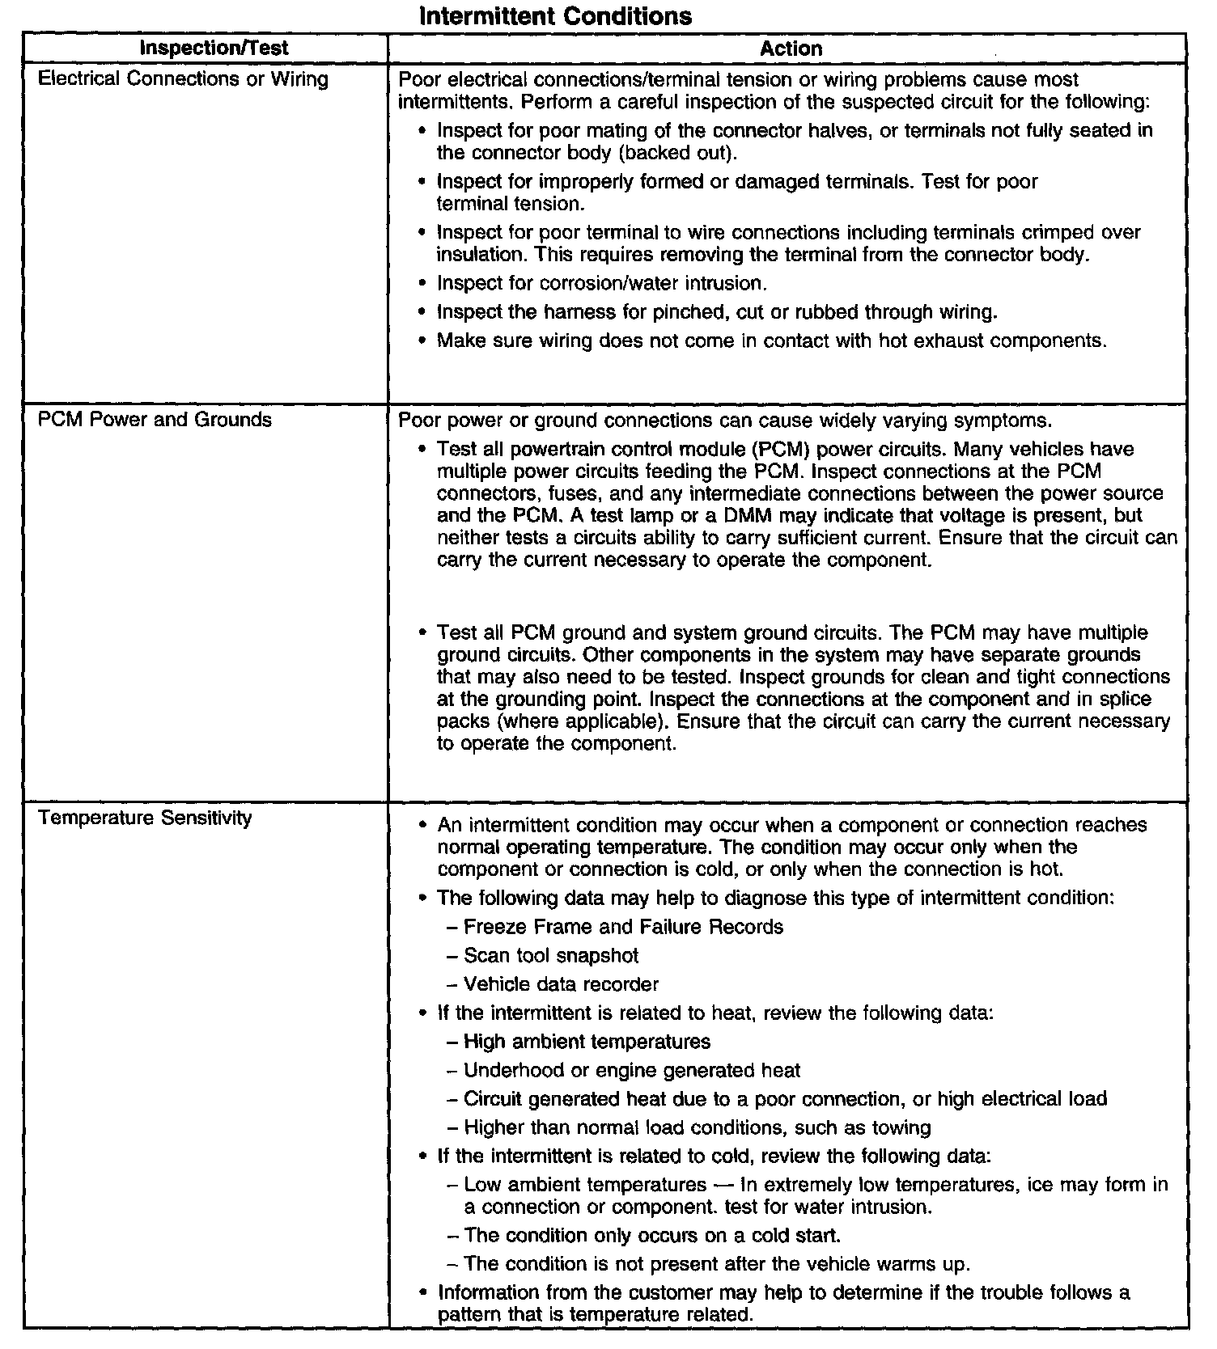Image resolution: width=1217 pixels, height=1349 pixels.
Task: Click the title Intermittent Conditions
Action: pyautogui.click(x=556, y=15)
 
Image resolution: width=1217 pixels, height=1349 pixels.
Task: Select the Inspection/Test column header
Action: pyautogui.click(x=214, y=48)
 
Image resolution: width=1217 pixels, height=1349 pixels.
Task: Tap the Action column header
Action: pyautogui.click(x=791, y=49)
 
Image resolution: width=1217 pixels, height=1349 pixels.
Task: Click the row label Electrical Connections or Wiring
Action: pyautogui.click(x=183, y=79)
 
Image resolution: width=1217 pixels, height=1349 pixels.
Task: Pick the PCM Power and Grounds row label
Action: pyautogui.click(x=155, y=420)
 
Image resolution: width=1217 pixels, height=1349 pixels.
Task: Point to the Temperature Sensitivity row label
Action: pyautogui.click(x=145, y=818)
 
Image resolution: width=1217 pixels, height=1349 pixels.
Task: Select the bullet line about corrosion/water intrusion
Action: pyautogui.click(x=601, y=284)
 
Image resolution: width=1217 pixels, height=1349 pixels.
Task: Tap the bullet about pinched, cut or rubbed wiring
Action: pyautogui.click(x=717, y=312)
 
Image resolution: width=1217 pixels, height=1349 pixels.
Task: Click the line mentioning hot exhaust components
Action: pyautogui.click(x=771, y=340)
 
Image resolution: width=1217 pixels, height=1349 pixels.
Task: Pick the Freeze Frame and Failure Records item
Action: pyautogui.click(x=623, y=927)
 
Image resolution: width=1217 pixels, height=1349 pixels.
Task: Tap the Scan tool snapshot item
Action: pyautogui.click(x=551, y=956)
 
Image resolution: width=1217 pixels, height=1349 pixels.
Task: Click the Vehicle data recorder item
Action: pyautogui.click(x=561, y=984)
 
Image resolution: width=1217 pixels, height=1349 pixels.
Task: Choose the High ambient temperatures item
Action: pyautogui.click(x=587, y=1042)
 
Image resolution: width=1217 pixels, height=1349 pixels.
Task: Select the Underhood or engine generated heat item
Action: pyautogui.click(x=632, y=1071)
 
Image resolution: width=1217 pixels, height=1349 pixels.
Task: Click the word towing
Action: pyautogui.click(x=901, y=1128)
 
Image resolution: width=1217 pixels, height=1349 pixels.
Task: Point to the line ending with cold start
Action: pyautogui.click(x=652, y=1236)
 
